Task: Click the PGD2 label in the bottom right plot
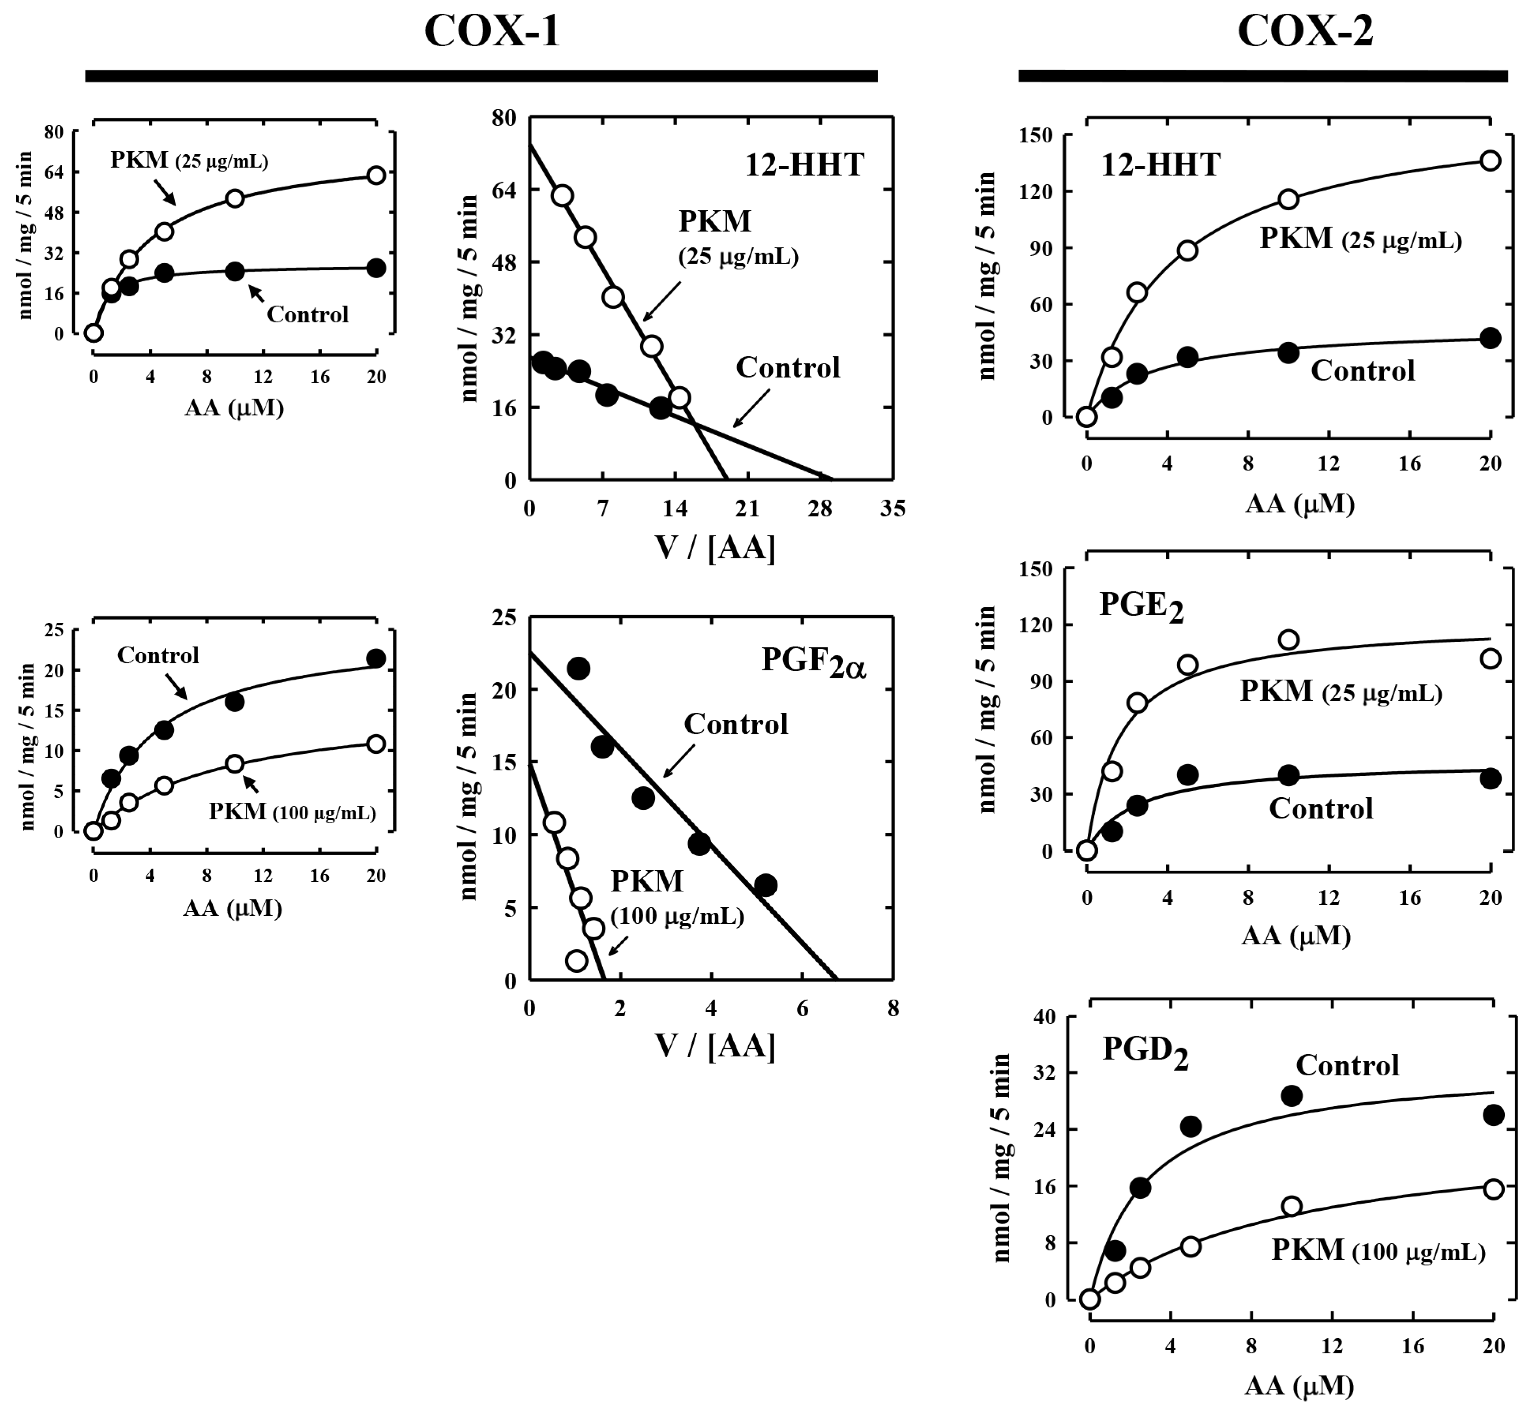coord(1145,1052)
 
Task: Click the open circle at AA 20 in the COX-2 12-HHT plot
coord(1490,161)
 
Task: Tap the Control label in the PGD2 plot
coord(1347,1065)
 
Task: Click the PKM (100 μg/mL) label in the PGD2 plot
coord(1377,1250)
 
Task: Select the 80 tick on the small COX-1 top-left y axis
coord(54,132)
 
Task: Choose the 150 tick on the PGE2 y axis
coord(1037,569)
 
